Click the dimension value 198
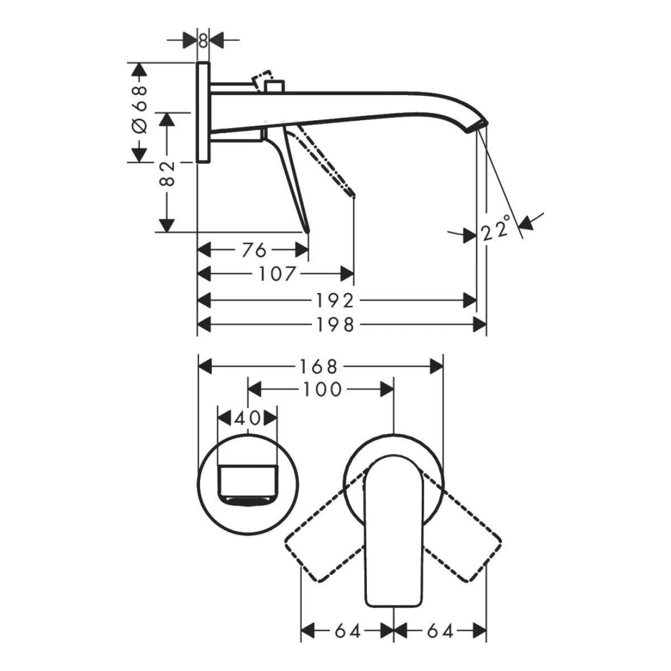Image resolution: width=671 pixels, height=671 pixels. (x=334, y=325)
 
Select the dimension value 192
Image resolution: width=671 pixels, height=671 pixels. (x=334, y=301)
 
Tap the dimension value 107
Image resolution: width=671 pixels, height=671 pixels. (x=277, y=274)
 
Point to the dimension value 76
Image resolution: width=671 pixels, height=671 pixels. (x=254, y=250)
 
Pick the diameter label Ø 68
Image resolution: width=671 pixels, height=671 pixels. (x=140, y=110)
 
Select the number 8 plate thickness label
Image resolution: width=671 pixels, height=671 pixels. (x=204, y=41)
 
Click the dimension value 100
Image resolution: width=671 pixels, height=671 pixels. (x=322, y=389)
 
